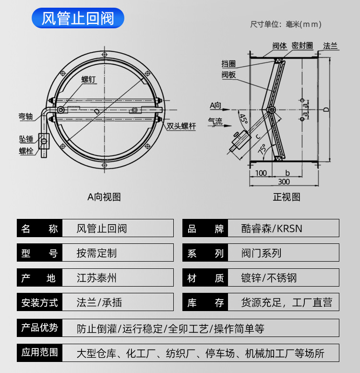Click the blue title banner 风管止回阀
pos(78,19)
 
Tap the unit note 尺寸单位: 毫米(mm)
pos(286,24)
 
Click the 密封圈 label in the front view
pos(302,46)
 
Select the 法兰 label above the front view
pos(330,46)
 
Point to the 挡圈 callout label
pos(228,64)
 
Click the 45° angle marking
pos(243,119)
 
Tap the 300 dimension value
pos(284,181)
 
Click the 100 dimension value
pos(261,173)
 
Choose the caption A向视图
pos(104,197)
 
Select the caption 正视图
pos(286,197)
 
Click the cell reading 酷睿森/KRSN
pos(272,229)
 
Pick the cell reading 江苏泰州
pos(96,278)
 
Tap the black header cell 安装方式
pos(40,302)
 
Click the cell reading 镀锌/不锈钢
pos(269,278)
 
